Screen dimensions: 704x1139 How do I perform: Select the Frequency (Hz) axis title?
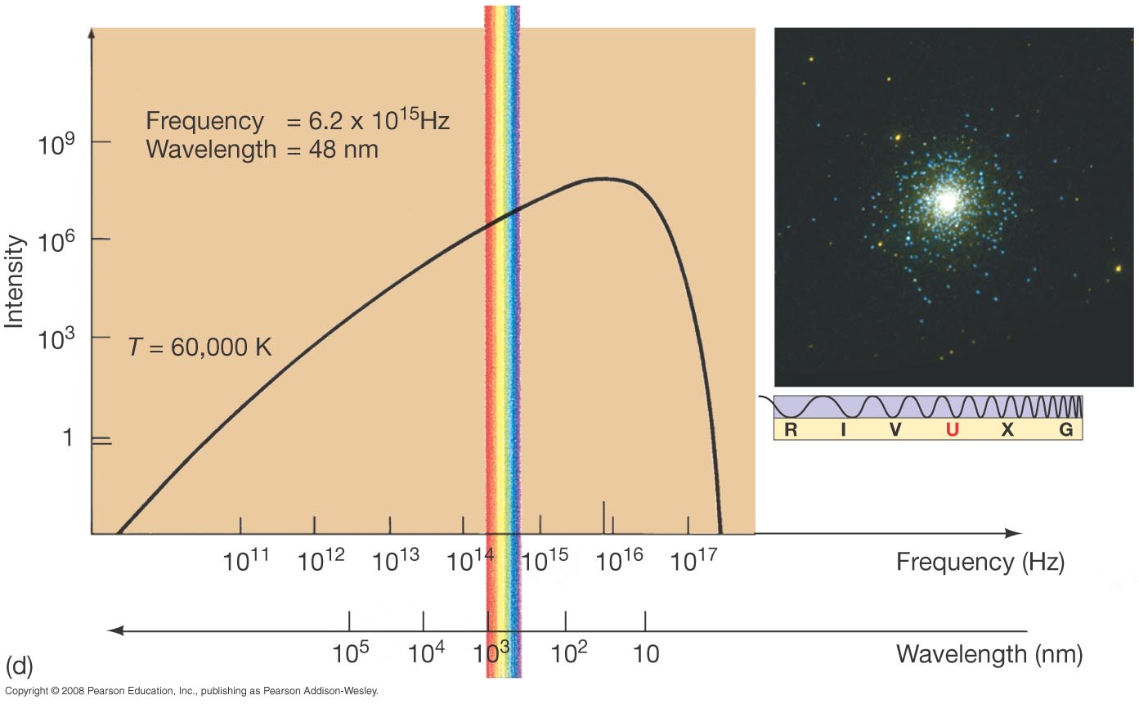980,562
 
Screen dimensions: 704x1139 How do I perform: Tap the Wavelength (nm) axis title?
989,654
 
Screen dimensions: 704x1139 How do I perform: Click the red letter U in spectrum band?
952,430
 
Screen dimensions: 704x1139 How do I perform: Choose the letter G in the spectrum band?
1066,430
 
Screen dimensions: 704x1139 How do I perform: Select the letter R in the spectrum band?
790,430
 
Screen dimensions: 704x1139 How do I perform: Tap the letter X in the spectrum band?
1007,430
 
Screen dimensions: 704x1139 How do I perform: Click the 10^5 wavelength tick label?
352,652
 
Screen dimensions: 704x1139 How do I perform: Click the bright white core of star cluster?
948,200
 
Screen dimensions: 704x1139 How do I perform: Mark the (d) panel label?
18,664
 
